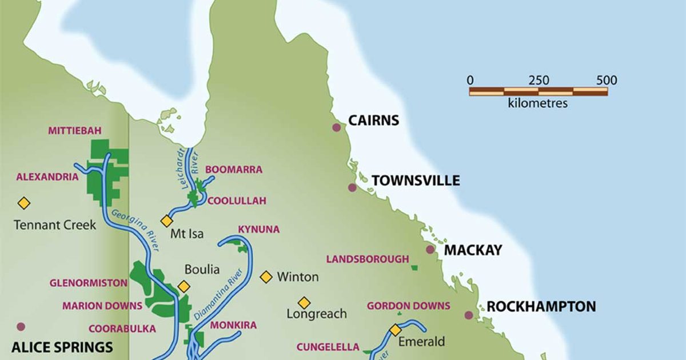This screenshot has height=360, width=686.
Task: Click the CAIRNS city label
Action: [373, 121]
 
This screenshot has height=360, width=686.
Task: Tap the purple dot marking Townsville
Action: [352, 187]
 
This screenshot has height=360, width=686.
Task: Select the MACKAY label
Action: [473, 250]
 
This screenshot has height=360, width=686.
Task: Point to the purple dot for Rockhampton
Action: [469, 315]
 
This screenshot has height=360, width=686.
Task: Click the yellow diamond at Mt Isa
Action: [166, 221]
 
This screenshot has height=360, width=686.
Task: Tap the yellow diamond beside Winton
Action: [266, 277]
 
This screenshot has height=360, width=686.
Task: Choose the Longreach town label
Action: [317, 314]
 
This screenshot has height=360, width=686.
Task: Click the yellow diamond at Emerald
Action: [395, 330]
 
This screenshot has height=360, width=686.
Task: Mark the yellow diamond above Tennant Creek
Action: [23, 203]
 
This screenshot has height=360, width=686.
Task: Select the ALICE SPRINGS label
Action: [62, 347]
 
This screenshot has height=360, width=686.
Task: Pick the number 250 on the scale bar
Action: [539, 81]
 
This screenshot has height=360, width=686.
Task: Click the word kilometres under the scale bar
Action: [537, 103]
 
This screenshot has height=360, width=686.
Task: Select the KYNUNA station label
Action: [258, 229]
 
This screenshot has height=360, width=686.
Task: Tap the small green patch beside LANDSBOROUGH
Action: [414, 267]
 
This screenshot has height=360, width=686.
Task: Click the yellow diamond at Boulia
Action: [184, 286]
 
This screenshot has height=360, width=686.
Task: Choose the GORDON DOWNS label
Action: [408, 306]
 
